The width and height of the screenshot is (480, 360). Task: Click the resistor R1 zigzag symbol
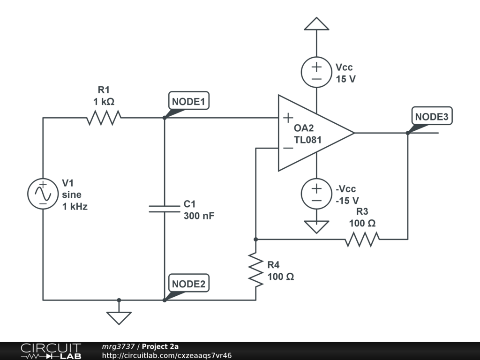104,118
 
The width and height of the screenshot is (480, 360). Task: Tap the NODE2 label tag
188,284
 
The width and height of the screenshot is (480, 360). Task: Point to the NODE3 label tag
432,116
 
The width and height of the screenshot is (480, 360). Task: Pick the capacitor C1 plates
165,209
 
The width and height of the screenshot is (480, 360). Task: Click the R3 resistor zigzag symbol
362,240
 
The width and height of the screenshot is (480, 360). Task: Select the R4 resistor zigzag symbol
256,270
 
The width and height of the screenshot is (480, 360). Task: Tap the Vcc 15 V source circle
316,73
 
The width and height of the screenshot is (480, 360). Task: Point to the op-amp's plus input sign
288,117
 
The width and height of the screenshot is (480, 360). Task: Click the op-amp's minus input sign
288,148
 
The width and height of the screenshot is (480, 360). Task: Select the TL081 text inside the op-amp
307,139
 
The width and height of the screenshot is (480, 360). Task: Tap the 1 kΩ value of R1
104,101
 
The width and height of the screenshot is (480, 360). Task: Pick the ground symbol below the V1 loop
119,317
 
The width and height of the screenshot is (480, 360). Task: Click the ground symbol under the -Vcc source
316,227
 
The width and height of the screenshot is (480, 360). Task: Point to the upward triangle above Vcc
316,24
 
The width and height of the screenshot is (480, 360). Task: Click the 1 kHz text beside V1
75,206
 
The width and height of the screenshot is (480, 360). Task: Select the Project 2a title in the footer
160,346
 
